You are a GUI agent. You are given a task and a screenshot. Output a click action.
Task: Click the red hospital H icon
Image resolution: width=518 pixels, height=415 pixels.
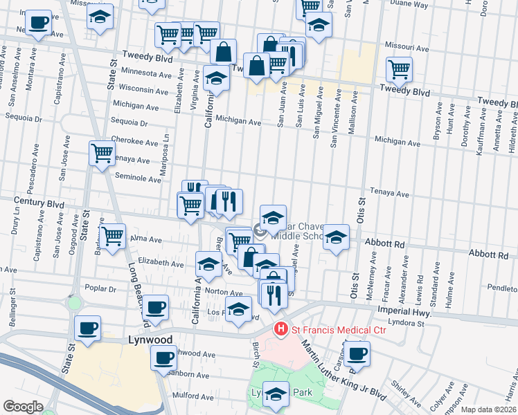tap(280, 329)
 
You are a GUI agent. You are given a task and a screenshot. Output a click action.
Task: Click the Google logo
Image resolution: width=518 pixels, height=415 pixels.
tap(23, 407)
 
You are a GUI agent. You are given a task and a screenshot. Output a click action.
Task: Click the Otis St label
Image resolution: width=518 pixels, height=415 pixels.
tap(361, 210)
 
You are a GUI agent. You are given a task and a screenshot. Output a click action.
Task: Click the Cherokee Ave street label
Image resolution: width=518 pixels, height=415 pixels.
tap(134, 142)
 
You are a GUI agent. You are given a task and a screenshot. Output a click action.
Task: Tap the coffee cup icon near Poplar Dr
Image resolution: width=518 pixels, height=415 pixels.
tap(156, 308)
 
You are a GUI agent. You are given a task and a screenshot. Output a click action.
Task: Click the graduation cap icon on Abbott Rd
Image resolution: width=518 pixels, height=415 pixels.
tap(336, 237)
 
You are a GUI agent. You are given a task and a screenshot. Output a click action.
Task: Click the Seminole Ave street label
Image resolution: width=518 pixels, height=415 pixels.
tap(137, 178)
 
